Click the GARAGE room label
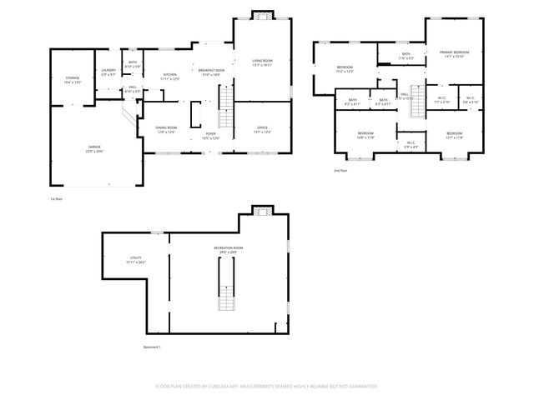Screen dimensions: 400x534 pyautogui.click(x=89, y=147)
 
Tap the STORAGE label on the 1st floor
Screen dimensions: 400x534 pyautogui.click(x=73, y=79)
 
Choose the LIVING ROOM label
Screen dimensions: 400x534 pyautogui.click(x=263, y=61)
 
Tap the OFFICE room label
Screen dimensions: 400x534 pyautogui.click(x=261, y=128)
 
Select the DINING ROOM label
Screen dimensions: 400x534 pyautogui.click(x=165, y=128)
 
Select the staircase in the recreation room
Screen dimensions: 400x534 pyautogui.click(x=223, y=284)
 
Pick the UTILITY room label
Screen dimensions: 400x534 pyautogui.click(x=135, y=259)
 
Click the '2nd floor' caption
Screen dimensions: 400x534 pyautogui.click(x=340, y=170)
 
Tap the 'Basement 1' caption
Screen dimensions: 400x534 pyautogui.click(x=151, y=347)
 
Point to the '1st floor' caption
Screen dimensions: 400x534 pyautogui.click(x=57, y=198)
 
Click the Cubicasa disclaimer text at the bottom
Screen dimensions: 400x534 pyautogui.click(x=267, y=386)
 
